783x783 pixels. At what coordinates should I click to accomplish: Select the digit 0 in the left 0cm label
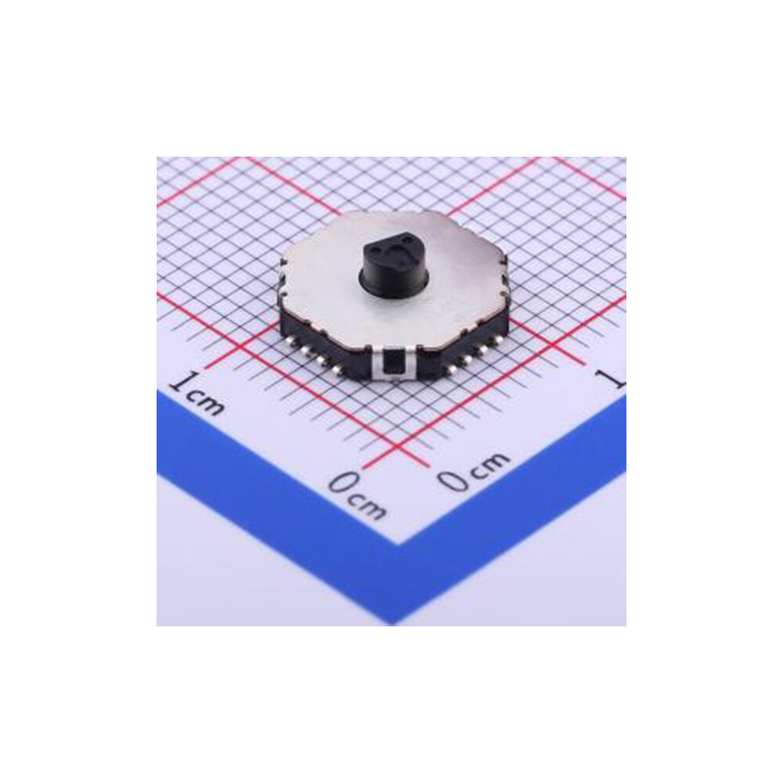point(342,484)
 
